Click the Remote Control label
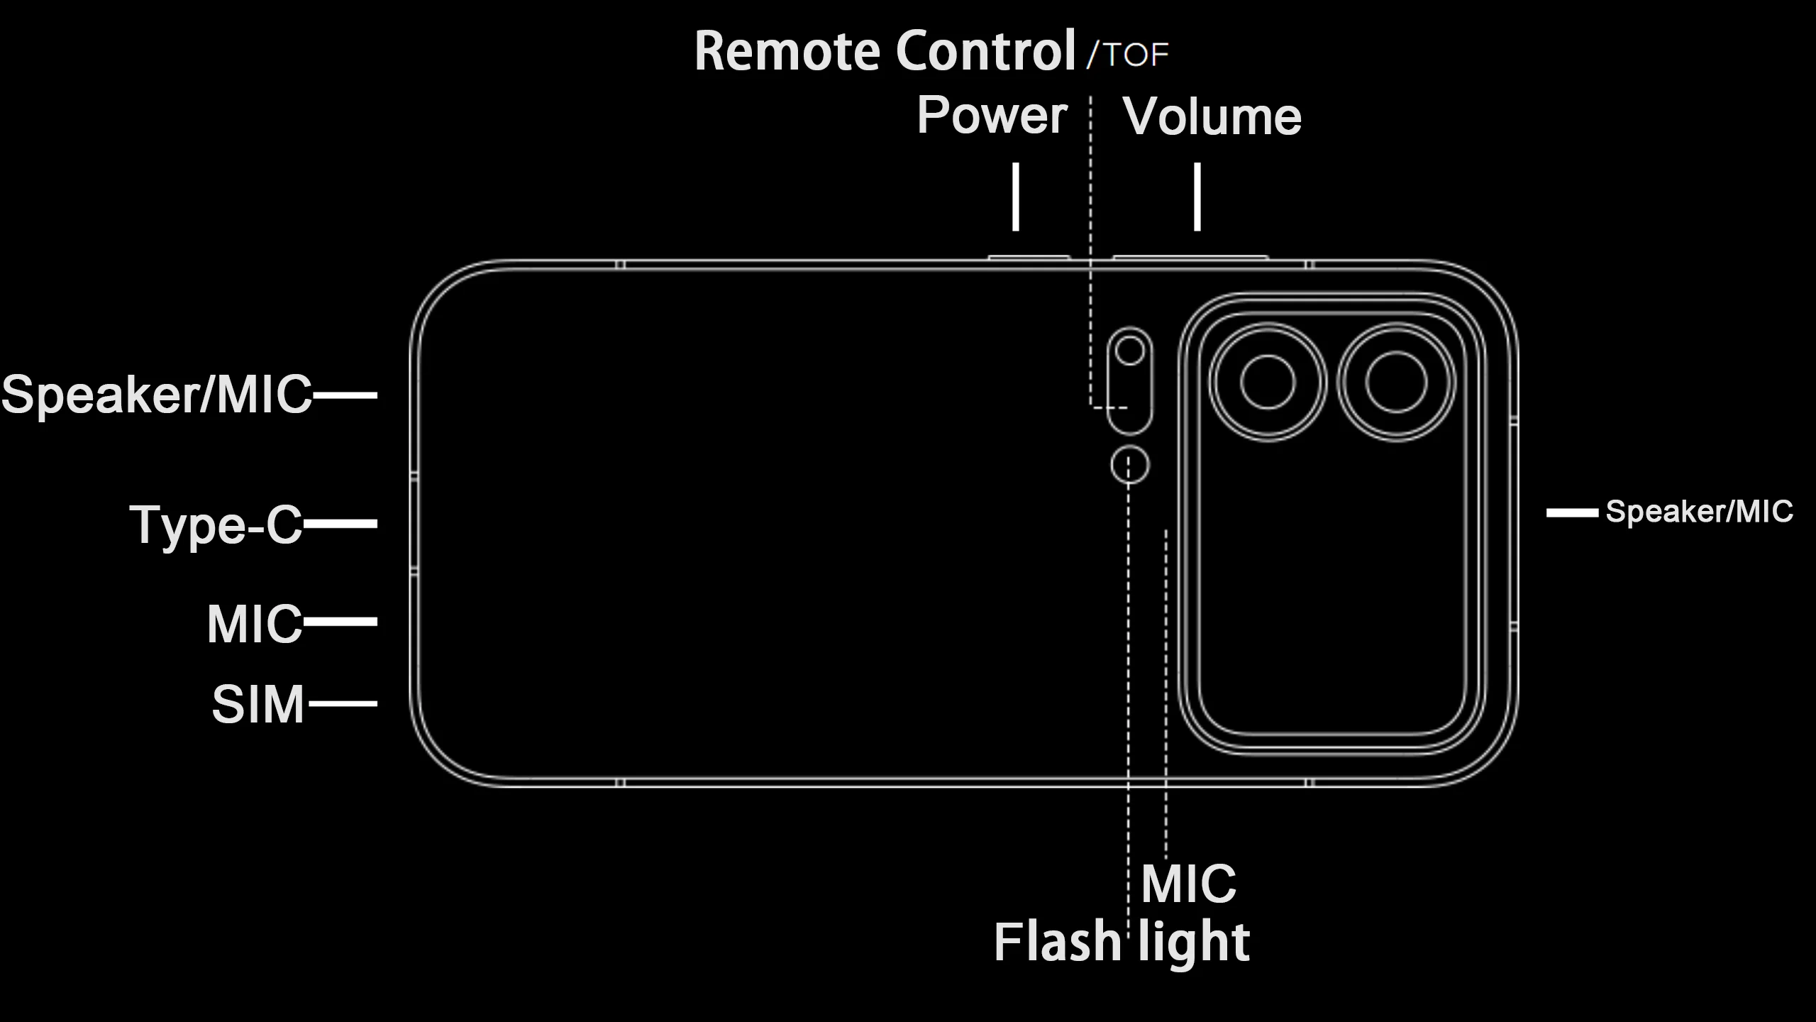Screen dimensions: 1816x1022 pos(885,51)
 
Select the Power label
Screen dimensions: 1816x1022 pos(992,115)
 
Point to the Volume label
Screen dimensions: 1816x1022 pos(1212,116)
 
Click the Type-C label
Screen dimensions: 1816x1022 pos(216,525)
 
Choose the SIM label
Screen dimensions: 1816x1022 pos(258,705)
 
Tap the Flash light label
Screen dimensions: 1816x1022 pos(1122,942)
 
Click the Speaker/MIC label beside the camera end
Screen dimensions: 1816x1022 pos(1699,511)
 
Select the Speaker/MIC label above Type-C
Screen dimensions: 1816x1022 pos(157,395)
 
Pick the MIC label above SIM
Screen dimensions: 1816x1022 pos(255,624)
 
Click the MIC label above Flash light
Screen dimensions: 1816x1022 pos(1188,884)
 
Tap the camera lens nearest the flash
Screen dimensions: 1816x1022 pos(1268,382)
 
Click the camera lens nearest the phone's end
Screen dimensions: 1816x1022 pos(1396,382)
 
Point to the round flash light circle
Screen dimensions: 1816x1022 pos(1129,466)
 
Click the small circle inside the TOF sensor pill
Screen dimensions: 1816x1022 pos(1129,350)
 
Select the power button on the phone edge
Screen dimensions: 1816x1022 pos(1029,257)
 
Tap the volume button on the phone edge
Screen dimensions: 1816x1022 pos(1190,257)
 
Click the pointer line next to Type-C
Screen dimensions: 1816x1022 pos(340,524)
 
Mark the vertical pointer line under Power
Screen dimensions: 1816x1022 pos(1016,197)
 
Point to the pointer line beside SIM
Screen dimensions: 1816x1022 pos(343,704)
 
